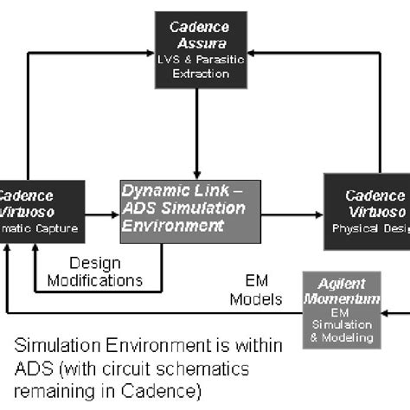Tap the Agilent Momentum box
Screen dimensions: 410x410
341,309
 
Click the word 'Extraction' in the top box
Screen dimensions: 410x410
200,74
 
